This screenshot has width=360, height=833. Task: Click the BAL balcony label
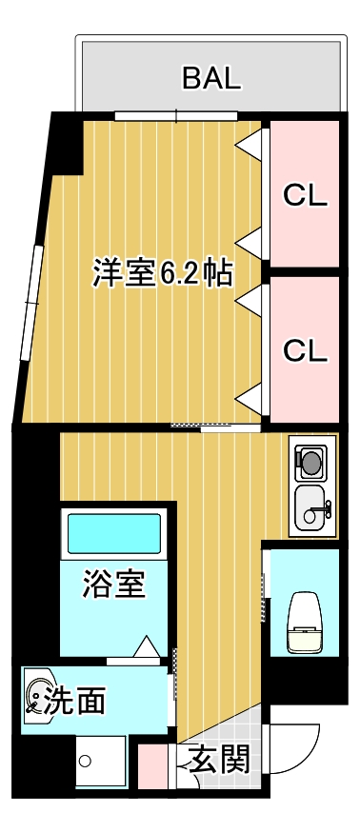[x=211, y=78]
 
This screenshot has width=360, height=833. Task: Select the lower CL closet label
[x=306, y=349]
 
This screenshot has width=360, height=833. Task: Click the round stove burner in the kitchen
[x=310, y=463]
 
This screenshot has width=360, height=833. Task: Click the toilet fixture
[x=304, y=623]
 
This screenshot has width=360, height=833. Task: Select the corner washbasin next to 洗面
[x=39, y=700]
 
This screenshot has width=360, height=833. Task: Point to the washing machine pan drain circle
[x=85, y=761]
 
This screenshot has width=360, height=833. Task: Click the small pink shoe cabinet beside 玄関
[x=152, y=766]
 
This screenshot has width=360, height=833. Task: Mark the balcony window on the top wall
[x=175, y=117]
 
